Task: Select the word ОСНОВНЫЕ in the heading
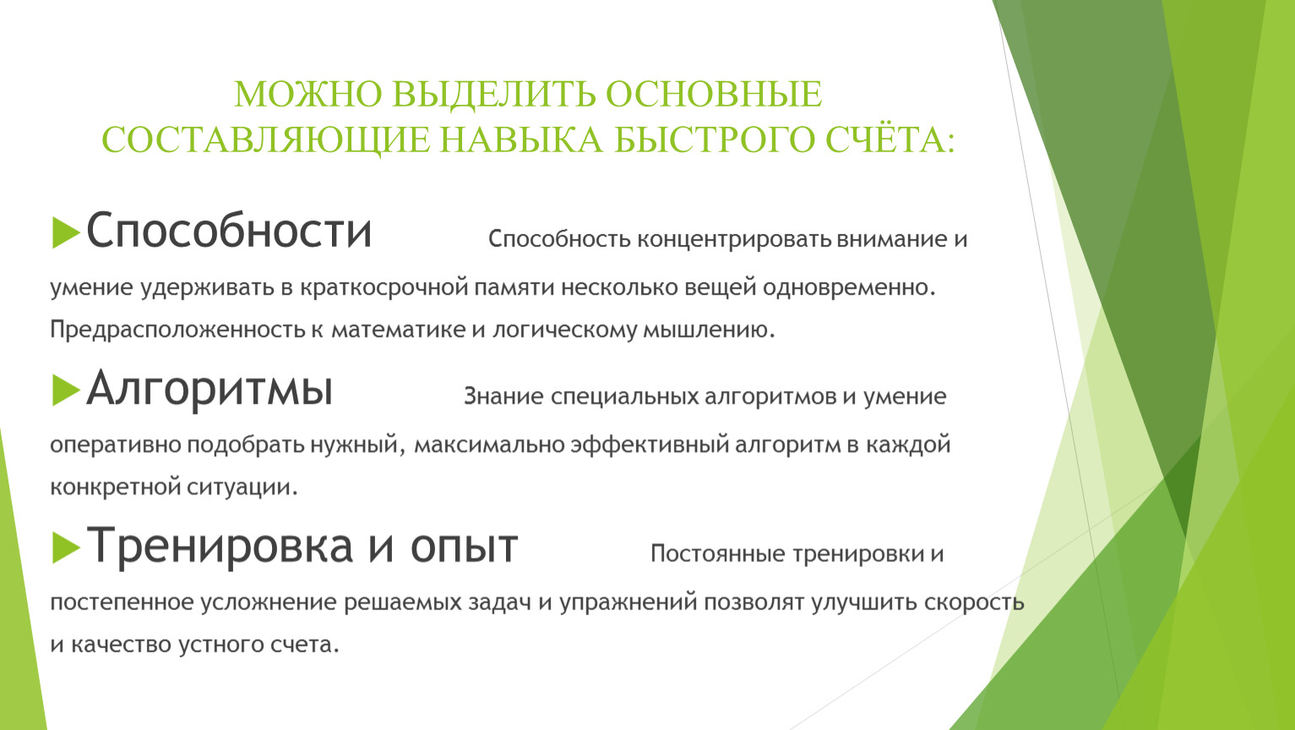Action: coord(714,95)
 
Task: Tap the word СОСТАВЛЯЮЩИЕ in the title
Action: coord(266,140)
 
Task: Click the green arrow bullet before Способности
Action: coord(65,232)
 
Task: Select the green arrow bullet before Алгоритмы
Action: coord(65,390)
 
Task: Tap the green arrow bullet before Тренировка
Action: coord(65,547)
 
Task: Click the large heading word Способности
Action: coord(229,231)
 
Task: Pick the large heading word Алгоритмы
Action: coord(209,389)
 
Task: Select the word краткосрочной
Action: coord(384,287)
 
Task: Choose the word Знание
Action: coord(503,397)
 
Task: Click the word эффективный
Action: coord(650,445)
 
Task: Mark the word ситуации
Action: coord(242,488)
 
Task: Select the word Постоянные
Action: coord(718,554)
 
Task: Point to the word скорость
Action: coord(974,602)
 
